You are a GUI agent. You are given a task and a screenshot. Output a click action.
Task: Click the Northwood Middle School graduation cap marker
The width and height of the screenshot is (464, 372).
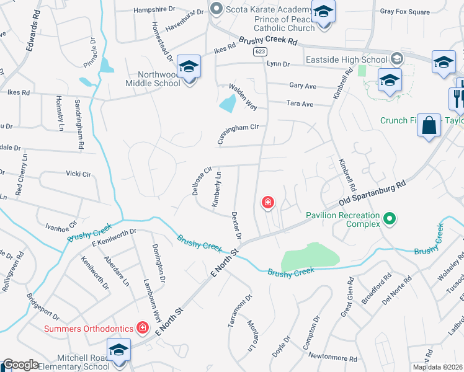(x=189, y=66)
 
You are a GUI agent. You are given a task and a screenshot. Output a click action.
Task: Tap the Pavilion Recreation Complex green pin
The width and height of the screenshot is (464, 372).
(x=390, y=218)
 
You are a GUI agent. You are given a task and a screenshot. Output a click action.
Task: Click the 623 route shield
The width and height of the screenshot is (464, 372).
(x=260, y=53)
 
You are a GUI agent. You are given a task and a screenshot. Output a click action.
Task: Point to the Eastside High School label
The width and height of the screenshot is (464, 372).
(x=347, y=60)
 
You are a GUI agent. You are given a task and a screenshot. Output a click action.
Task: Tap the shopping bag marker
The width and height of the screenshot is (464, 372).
(x=429, y=126)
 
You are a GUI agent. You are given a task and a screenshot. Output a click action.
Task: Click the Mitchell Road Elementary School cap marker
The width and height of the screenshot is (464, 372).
(x=118, y=350)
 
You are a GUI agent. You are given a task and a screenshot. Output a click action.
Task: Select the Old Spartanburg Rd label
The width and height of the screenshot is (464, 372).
(x=373, y=194)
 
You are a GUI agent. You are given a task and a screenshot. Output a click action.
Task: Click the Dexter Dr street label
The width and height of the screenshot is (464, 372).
(x=236, y=226)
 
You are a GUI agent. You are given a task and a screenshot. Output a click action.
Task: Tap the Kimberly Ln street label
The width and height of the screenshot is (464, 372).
(x=216, y=190)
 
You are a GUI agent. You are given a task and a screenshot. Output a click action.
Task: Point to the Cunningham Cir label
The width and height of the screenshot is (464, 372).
(x=236, y=134)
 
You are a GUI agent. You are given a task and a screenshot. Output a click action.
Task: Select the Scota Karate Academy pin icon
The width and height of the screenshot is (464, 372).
(x=216, y=9)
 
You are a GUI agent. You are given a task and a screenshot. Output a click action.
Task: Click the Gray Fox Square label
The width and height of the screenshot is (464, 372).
(x=404, y=12)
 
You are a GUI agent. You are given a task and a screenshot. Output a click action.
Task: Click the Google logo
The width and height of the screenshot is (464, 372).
(x=20, y=365)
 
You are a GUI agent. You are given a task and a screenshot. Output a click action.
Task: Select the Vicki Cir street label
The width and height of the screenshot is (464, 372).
(x=78, y=174)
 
